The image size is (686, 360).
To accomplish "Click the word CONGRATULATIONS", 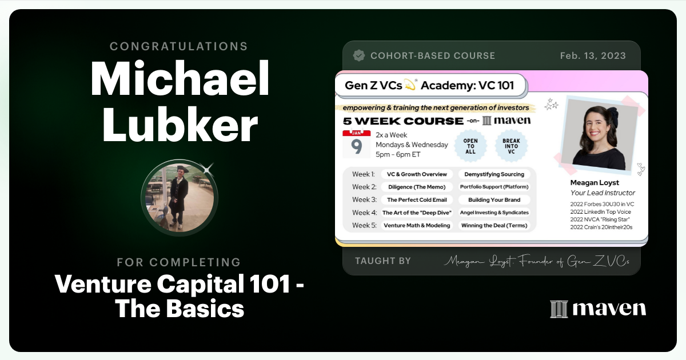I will [x=179, y=46].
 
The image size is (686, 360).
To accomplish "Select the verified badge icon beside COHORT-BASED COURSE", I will [x=359, y=55].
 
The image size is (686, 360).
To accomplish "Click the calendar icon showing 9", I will [x=356, y=144].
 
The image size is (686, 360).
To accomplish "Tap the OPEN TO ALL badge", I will [x=470, y=145].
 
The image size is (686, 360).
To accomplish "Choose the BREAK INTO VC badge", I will [x=510, y=145].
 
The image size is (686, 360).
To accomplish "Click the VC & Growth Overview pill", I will [x=417, y=174].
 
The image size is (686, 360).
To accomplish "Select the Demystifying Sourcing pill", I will [x=494, y=174].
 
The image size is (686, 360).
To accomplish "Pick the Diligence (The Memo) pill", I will [x=417, y=187].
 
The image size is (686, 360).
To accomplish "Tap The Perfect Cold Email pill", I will [x=417, y=199].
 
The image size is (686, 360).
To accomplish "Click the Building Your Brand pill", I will [x=494, y=199].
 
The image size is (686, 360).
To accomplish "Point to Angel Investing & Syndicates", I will [x=494, y=213].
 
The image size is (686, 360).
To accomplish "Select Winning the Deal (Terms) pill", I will [x=494, y=225].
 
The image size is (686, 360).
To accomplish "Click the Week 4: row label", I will [x=364, y=213].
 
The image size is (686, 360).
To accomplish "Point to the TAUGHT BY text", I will [x=383, y=261].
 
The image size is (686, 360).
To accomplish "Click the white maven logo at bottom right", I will [x=598, y=309].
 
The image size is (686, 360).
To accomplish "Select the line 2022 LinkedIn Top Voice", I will [x=601, y=212].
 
